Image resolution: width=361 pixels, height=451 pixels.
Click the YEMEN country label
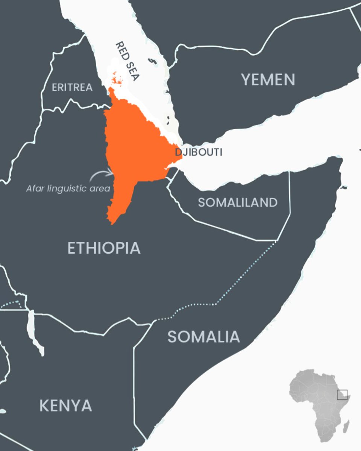[268, 80]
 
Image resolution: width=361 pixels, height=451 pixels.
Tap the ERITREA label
[72, 88]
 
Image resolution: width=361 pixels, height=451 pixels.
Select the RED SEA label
[127, 61]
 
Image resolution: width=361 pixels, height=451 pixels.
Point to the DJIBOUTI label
[198, 152]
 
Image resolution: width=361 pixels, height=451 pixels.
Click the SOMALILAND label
[238, 203]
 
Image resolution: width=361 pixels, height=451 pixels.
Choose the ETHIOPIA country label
[104, 248]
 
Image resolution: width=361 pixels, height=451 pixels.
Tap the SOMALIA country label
[203, 337]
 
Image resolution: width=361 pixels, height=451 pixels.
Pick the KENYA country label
[65, 406]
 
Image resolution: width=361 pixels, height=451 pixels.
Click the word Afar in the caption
[35, 188]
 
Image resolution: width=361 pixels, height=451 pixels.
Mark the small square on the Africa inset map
[342, 395]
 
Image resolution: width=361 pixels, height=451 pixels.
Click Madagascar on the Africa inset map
[346, 427]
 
